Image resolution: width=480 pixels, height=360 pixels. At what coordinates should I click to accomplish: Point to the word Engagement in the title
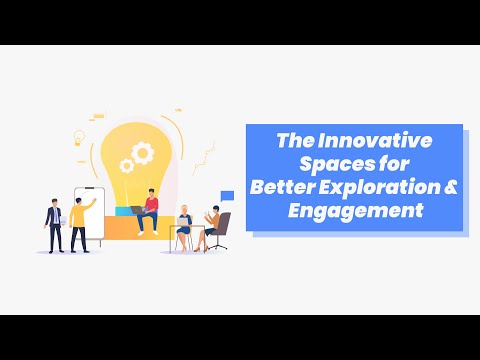[x=354, y=209]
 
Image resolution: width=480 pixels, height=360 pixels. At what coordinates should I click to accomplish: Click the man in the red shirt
[x=151, y=210]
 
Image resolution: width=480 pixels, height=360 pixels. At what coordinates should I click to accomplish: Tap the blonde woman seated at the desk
[x=184, y=226]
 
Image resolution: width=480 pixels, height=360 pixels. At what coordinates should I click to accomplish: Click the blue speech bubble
[x=227, y=195]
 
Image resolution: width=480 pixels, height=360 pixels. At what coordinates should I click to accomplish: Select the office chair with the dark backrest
[x=222, y=230]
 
